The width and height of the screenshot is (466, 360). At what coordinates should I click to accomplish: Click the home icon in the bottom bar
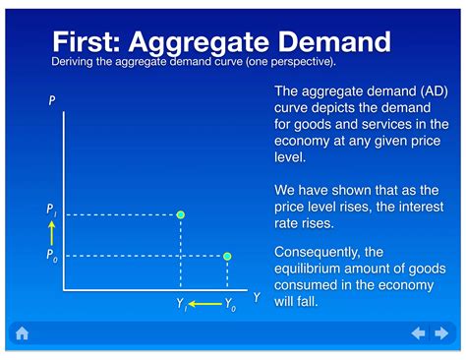click(x=22, y=333)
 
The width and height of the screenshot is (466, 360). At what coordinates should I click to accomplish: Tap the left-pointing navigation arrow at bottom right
click(x=418, y=333)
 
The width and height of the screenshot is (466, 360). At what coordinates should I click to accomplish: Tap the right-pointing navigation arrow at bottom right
click(x=442, y=333)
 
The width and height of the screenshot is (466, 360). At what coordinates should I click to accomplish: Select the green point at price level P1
click(x=180, y=213)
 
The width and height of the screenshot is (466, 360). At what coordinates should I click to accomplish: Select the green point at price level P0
click(x=227, y=257)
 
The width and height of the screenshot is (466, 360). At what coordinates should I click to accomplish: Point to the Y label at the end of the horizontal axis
click(x=257, y=297)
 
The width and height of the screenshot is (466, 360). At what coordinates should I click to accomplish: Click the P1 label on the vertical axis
click(x=51, y=210)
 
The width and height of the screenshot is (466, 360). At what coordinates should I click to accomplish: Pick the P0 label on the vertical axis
click(x=51, y=255)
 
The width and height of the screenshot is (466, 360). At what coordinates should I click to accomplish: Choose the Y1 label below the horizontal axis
click(x=181, y=305)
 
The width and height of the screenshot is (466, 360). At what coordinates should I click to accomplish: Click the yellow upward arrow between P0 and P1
click(x=51, y=233)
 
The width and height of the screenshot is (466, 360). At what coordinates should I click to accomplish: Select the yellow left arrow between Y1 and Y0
click(x=204, y=305)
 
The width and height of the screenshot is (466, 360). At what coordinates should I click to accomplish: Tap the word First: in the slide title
click(x=87, y=42)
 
